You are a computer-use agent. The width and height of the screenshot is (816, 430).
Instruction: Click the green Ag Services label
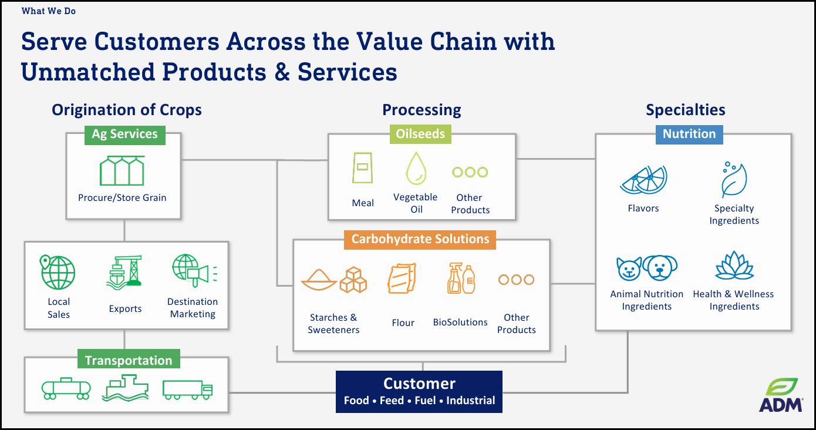click(124, 134)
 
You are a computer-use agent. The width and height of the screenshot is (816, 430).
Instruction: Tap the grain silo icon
click(122, 171)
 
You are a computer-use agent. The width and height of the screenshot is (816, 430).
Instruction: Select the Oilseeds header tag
click(420, 134)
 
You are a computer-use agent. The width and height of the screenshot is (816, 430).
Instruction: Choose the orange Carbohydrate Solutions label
click(420, 239)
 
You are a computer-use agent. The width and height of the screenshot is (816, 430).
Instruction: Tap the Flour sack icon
click(402, 279)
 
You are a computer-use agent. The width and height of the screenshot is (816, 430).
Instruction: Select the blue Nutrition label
click(689, 134)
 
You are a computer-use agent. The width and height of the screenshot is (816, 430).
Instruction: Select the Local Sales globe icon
click(58, 271)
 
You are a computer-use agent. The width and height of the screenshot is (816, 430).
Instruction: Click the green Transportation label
click(129, 360)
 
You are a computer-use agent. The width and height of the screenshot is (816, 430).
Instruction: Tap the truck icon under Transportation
click(187, 389)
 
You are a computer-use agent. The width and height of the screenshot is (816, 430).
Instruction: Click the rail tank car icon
click(66, 388)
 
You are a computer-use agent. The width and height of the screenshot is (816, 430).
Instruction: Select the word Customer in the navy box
click(419, 384)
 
